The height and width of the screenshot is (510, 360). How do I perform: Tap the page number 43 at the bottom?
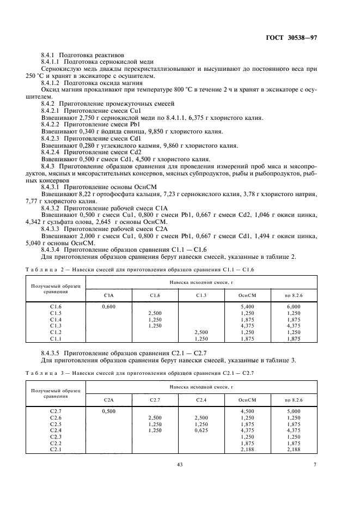point(179,464)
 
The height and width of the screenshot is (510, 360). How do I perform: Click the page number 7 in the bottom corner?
point(315,464)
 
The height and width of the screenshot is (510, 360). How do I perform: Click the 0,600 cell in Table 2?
point(109,307)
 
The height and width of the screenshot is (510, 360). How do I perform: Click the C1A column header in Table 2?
point(109,295)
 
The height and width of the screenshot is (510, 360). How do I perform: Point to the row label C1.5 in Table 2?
point(56,313)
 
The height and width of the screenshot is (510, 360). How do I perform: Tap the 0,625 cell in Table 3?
point(201,430)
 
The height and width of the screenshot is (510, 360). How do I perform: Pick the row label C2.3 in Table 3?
point(56,436)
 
